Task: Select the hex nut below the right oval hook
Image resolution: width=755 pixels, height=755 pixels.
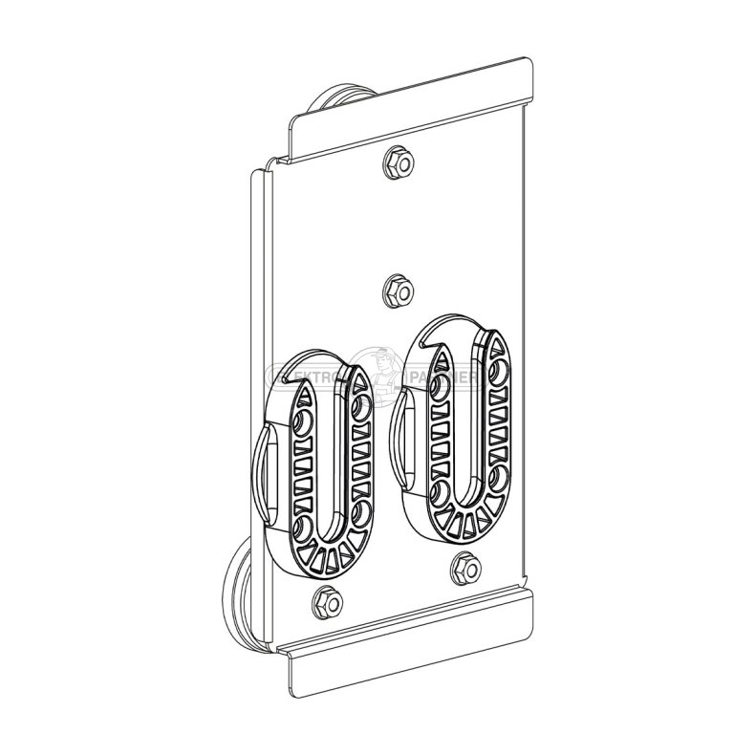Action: tap(465, 567)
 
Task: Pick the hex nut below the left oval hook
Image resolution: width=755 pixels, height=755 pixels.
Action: tap(324, 602)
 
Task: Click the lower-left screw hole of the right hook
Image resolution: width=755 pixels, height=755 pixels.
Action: tap(441, 491)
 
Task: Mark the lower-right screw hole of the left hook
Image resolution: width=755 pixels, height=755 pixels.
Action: tap(360, 513)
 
